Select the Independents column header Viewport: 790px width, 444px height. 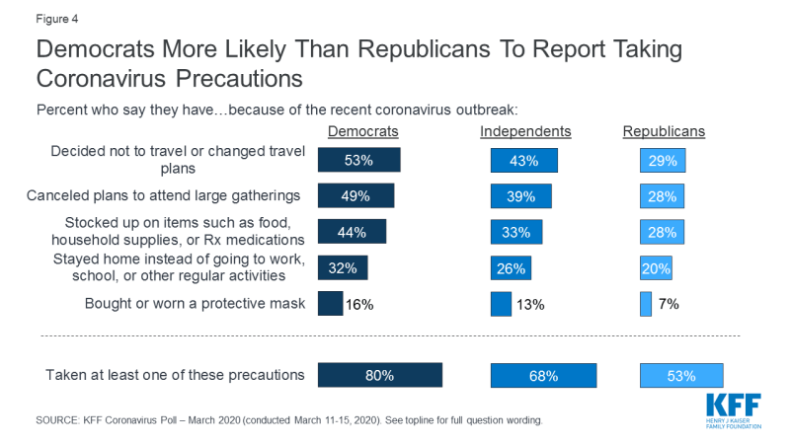tap(525, 131)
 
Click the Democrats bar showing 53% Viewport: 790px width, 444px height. tap(358, 160)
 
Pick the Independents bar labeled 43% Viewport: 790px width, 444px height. tap(524, 160)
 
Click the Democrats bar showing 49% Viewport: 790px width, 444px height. tap(355, 195)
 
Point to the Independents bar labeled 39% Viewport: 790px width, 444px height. tap(521, 195)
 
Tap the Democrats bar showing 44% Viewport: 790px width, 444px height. tap(352, 233)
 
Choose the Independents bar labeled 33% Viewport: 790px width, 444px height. tap(516, 233)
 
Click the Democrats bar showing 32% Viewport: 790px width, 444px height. tap(343, 268)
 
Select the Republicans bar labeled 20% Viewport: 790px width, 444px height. tap(656, 268)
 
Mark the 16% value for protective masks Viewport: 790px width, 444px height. tap(359, 304)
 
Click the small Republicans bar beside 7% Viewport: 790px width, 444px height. tap(646, 304)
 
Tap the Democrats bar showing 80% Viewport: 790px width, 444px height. tap(380, 375)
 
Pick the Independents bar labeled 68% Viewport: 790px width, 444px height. tap(544, 375)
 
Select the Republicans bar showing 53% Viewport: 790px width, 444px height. tap(680, 375)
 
